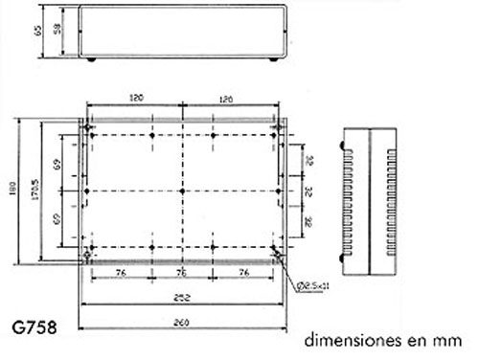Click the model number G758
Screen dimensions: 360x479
click(34, 328)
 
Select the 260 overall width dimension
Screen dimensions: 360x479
click(181, 321)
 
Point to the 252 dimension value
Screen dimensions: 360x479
click(181, 296)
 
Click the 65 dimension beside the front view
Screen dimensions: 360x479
click(37, 32)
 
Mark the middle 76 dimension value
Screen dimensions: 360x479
click(182, 272)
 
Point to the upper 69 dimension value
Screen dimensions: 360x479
click(59, 166)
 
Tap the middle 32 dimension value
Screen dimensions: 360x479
click(308, 191)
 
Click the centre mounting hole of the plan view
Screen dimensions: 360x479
click(181, 191)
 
